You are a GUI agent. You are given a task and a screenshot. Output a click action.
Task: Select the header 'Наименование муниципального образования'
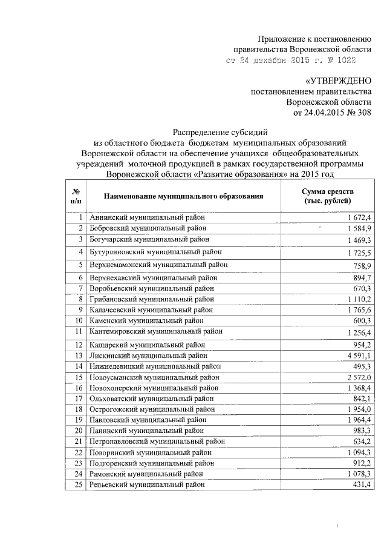pos(184,196)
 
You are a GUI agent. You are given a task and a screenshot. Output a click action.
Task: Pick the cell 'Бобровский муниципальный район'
pos(148,228)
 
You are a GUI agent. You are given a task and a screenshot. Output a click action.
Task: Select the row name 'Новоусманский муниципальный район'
pos(154,377)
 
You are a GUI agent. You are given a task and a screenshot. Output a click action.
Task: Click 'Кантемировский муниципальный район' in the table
pos(156,331)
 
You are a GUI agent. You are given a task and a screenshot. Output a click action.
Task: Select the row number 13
pos(78,355)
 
